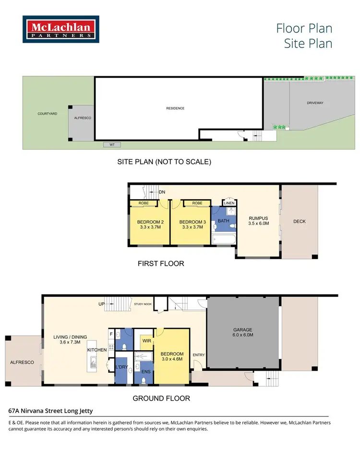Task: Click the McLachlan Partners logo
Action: point(61,30)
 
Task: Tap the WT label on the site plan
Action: point(112,144)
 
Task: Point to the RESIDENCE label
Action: point(175,108)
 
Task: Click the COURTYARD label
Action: point(48,114)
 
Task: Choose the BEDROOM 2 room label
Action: point(151,225)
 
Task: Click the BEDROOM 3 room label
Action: point(192,225)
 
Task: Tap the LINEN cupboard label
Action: point(229,203)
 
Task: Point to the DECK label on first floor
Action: point(299,221)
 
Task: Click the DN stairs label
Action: point(162,192)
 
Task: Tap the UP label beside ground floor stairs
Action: point(101,304)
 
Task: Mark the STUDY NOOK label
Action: point(143,304)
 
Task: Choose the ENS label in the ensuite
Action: point(144,372)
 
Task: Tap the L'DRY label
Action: point(121,367)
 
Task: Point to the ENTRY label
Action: point(198,355)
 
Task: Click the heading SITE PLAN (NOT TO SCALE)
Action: point(164,162)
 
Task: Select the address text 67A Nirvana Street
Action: point(50,411)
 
